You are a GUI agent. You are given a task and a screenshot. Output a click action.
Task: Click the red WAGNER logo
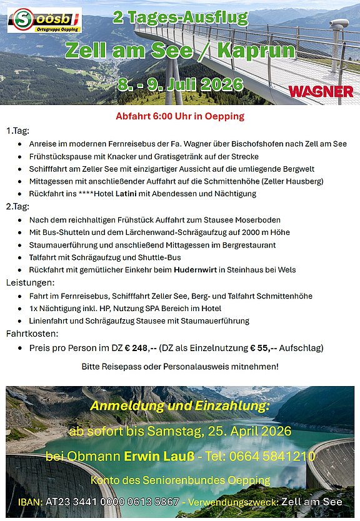(321, 92)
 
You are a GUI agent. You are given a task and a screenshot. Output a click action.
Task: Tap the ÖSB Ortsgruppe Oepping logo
(44, 20)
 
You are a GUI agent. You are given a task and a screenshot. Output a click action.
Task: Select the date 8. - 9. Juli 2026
(179, 83)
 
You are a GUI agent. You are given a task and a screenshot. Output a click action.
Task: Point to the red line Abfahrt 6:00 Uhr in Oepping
(180, 116)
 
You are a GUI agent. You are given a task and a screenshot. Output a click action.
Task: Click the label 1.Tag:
(17, 131)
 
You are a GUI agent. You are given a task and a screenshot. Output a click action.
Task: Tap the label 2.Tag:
(17, 206)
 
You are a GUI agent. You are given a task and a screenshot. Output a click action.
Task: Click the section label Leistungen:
(29, 282)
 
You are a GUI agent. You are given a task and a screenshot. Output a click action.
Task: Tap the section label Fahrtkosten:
(32, 333)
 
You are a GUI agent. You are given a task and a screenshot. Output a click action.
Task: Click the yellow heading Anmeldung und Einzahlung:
(180, 406)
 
